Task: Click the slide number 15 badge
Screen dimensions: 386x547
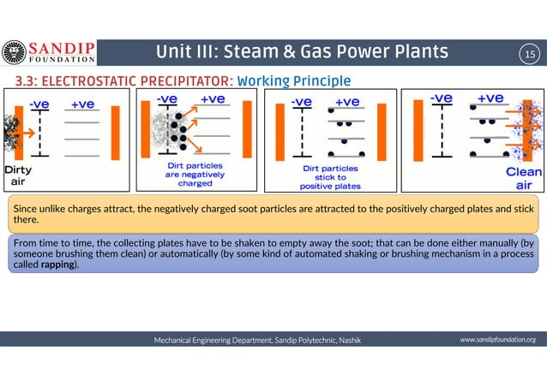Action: click(529, 54)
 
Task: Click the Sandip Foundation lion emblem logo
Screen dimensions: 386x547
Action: click(14, 53)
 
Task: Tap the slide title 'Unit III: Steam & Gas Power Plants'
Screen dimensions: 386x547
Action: click(302, 53)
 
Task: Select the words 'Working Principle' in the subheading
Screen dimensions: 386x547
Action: click(293, 81)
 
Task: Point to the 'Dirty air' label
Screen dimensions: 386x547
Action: click(18, 175)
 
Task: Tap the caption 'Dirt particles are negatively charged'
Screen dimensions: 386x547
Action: click(195, 173)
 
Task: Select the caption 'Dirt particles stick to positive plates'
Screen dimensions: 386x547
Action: click(330, 176)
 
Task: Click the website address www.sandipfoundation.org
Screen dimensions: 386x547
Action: click(497, 340)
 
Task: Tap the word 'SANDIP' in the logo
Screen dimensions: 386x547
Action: click(63, 47)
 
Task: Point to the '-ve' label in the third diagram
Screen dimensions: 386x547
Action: click(301, 102)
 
